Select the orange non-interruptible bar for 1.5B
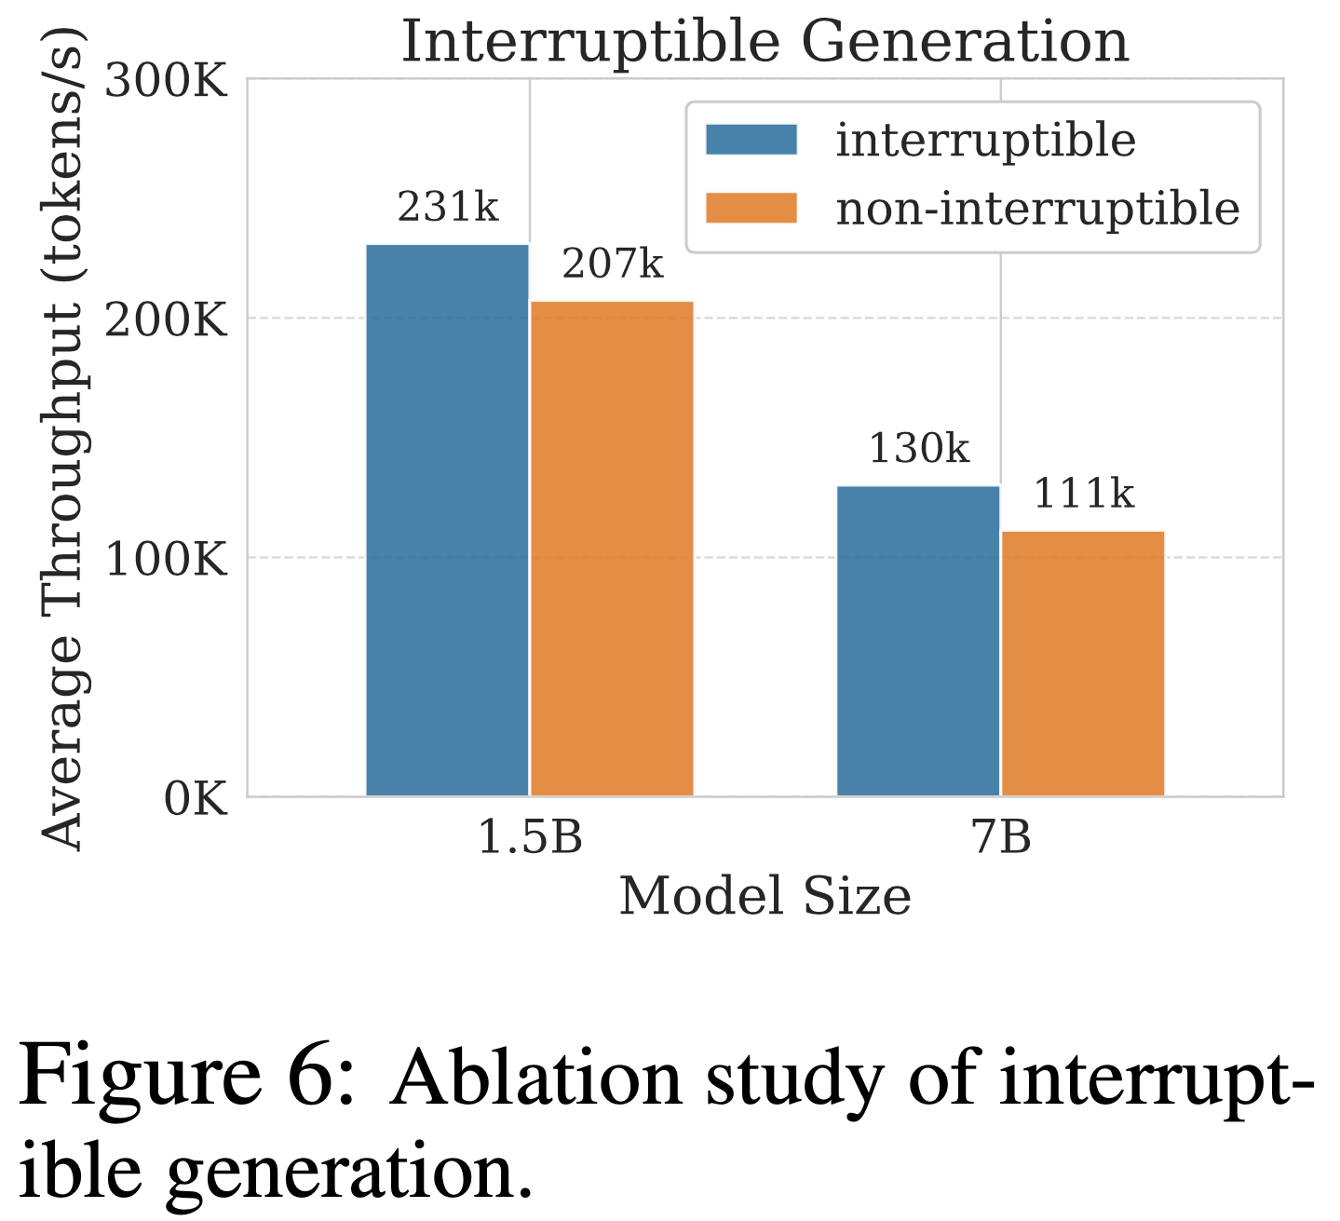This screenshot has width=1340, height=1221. click(612, 549)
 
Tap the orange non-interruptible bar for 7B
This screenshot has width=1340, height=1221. click(1083, 663)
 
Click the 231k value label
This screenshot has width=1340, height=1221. click(448, 207)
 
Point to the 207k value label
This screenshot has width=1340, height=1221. click(613, 265)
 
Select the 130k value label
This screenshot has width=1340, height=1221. click(919, 449)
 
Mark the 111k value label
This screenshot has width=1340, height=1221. click(1084, 494)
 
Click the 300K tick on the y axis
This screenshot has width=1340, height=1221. click(166, 81)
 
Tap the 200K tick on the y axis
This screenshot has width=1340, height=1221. click(166, 320)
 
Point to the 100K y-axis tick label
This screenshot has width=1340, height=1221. click(166, 560)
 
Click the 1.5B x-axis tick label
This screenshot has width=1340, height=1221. click(530, 838)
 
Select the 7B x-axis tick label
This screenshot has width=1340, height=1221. click(1002, 838)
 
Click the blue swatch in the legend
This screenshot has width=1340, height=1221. click(751, 140)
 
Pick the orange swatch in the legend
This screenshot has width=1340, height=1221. click(751, 208)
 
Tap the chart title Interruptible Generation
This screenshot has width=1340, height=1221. click(765, 43)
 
